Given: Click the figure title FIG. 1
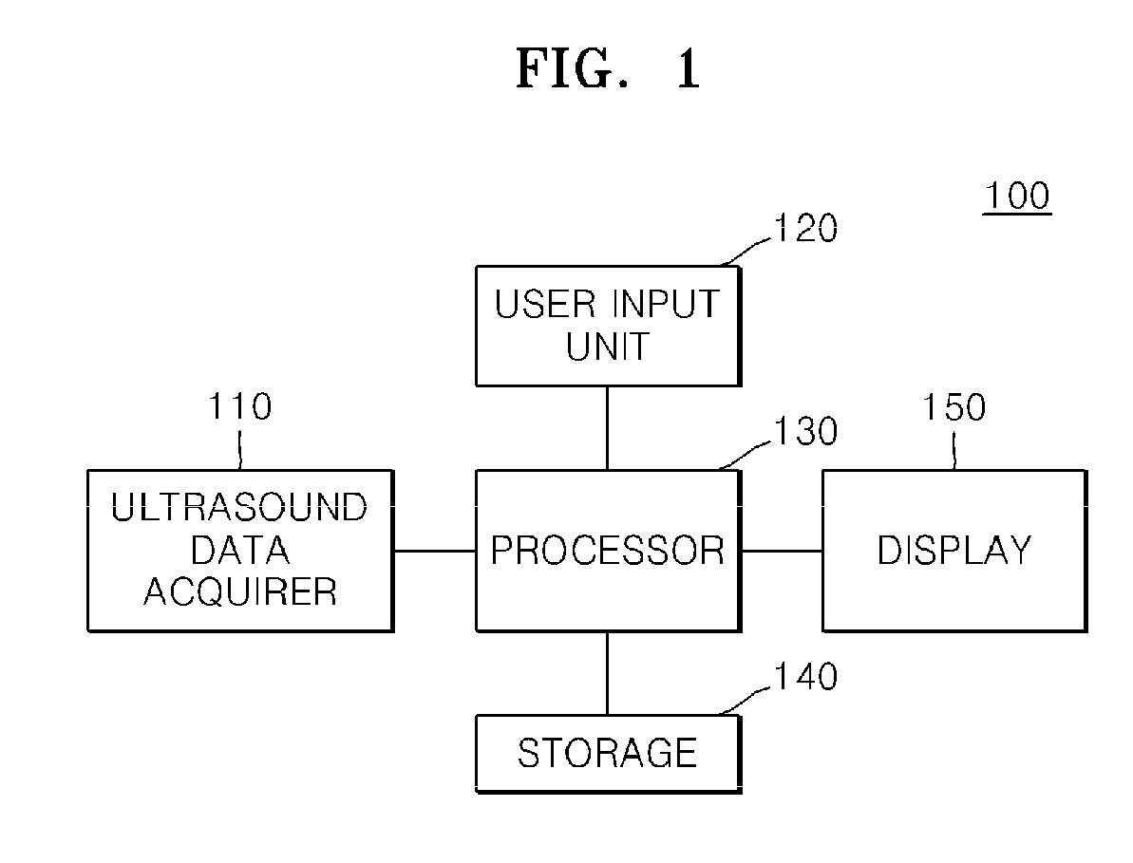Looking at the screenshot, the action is (608, 68).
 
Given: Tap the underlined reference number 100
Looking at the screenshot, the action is (1017, 197).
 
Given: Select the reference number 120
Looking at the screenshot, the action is (805, 228).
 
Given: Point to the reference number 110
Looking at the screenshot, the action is (240, 406).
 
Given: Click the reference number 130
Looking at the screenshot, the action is (805, 431).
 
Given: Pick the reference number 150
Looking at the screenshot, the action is (954, 407).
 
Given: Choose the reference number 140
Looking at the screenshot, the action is (805, 677).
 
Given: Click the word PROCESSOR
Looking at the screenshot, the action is (608, 551).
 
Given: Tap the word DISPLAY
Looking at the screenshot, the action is (954, 551).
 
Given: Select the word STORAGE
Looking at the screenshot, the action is (608, 753).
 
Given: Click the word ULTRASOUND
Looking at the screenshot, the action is (239, 508).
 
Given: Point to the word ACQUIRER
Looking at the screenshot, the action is (240, 592).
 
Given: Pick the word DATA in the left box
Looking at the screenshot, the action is (240, 551).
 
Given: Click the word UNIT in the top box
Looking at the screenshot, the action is (608, 347).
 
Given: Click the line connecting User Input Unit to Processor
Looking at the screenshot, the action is (607, 428).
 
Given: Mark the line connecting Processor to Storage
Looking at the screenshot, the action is (607, 674).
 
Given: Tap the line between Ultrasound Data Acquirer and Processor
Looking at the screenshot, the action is (434, 551).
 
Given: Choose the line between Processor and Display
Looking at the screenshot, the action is (782, 551).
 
